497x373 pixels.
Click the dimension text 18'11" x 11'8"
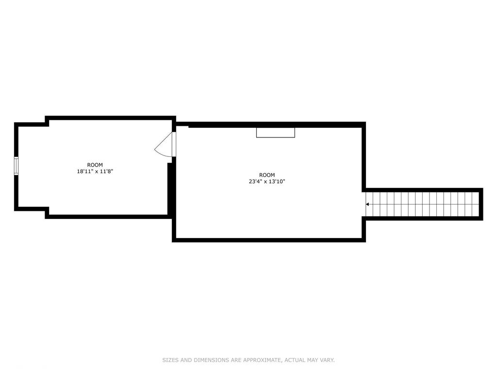click(95, 171)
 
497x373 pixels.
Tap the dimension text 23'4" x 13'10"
click(267, 182)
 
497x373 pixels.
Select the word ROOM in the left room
click(95, 165)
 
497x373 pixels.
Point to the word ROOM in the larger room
click(267, 175)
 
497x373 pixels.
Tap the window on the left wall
click(16, 166)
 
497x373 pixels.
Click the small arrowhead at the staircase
click(367, 204)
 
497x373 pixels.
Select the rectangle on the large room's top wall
click(276, 132)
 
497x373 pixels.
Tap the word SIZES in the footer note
click(171, 360)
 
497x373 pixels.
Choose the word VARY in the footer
click(327, 360)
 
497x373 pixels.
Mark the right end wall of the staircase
click(481, 204)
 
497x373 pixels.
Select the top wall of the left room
click(111, 118)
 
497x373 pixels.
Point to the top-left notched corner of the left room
click(46, 122)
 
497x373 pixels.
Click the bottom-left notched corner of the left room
click(46, 211)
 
